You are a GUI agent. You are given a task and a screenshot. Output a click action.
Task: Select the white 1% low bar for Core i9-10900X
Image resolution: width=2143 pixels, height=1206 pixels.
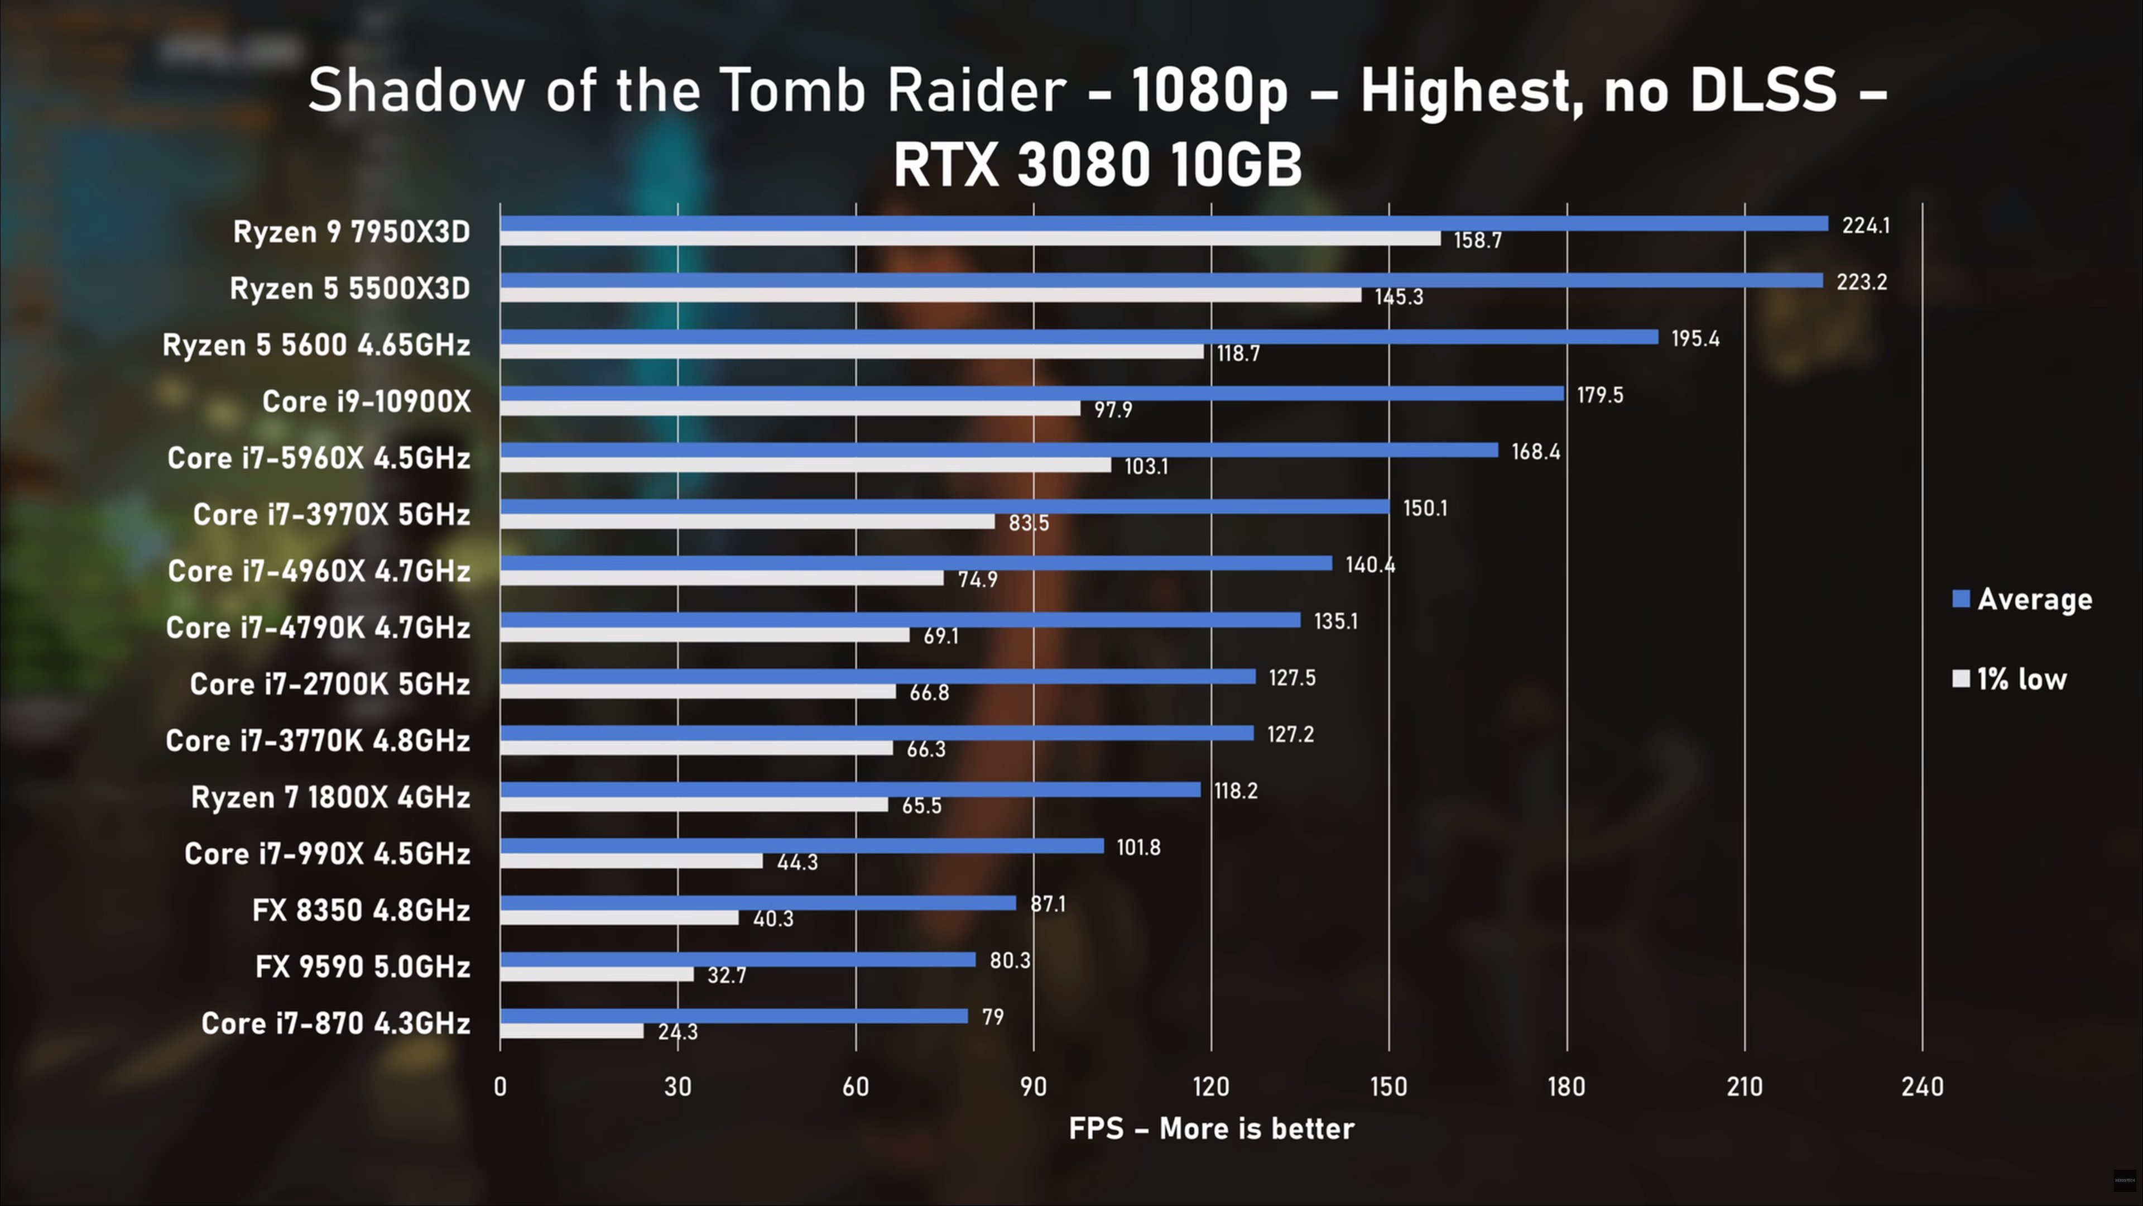coord(790,408)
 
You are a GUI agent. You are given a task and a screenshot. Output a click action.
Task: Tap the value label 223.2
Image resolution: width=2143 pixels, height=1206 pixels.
coord(1862,282)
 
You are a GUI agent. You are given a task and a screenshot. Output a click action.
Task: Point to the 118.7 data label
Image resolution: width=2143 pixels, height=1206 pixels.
coord(1238,354)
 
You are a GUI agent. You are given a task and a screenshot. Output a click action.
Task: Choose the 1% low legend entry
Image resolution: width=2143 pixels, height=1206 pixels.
coord(2009,679)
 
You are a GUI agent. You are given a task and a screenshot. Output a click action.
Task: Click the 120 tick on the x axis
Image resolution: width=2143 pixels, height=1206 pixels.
coord(1210,1086)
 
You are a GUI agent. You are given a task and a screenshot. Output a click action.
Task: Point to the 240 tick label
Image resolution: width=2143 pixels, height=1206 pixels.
coord(1921,1086)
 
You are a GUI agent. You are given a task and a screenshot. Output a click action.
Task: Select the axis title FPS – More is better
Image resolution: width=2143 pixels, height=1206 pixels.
coord(1211,1128)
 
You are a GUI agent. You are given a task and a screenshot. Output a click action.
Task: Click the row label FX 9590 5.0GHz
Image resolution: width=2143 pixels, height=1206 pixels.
coord(363,967)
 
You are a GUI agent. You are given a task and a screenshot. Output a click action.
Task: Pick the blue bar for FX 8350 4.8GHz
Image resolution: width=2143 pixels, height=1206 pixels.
coord(758,903)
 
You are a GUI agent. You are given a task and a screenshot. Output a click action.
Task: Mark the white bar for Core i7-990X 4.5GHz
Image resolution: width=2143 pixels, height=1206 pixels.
coord(631,860)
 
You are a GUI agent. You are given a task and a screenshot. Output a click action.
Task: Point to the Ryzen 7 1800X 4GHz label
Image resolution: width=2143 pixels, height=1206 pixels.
coord(331,797)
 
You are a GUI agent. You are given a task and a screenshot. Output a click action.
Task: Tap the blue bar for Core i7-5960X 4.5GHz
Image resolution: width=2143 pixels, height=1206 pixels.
coord(999,450)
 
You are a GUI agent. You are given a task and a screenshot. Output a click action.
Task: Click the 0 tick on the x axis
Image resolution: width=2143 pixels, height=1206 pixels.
coord(500,1086)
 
